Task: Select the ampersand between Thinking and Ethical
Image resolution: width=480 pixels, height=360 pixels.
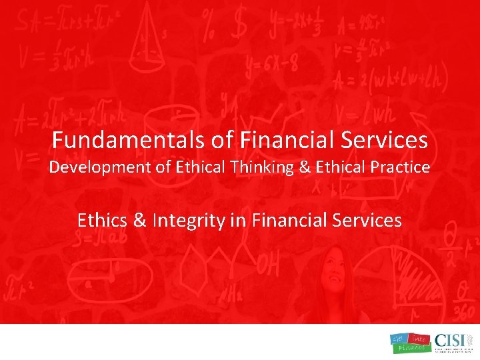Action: coord(305,167)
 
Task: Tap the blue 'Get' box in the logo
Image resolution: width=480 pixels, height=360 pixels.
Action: coord(400,339)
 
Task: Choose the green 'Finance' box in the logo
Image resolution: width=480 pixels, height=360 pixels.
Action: coord(409,349)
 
